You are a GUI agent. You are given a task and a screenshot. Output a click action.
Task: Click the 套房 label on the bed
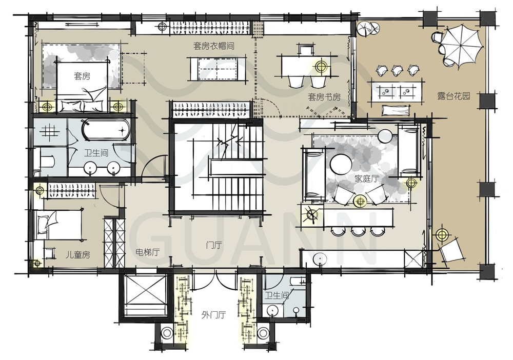(x=82, y=76)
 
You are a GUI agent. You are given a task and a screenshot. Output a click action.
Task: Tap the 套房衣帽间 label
(x=213, y=46)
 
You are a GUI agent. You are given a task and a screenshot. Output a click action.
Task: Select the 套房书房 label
(x=324, y=97)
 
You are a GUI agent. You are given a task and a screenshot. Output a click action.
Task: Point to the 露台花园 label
(x=454, y=95)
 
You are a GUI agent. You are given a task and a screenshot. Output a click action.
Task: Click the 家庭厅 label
(x=366, y=178)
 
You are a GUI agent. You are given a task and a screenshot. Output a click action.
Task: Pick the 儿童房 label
(x=77, y=255)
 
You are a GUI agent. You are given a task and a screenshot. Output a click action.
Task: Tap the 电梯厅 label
(x=147, y=252)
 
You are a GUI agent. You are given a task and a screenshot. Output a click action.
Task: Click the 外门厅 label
(x=213, y=315)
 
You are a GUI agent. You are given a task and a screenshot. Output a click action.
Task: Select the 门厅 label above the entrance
(x=214, y=245)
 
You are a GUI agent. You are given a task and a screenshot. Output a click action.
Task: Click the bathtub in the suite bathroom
(x=106, y=130)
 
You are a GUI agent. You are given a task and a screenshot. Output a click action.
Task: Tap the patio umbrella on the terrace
(x=462, y=47)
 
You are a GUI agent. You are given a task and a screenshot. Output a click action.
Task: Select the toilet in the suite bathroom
(x=47, y=162)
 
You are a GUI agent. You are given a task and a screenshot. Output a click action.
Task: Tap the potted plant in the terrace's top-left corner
(x=368, y=29)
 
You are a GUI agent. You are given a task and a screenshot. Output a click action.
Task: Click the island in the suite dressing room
(x=217, y=69)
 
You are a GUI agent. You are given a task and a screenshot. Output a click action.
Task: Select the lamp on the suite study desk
(x=321, y=67)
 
